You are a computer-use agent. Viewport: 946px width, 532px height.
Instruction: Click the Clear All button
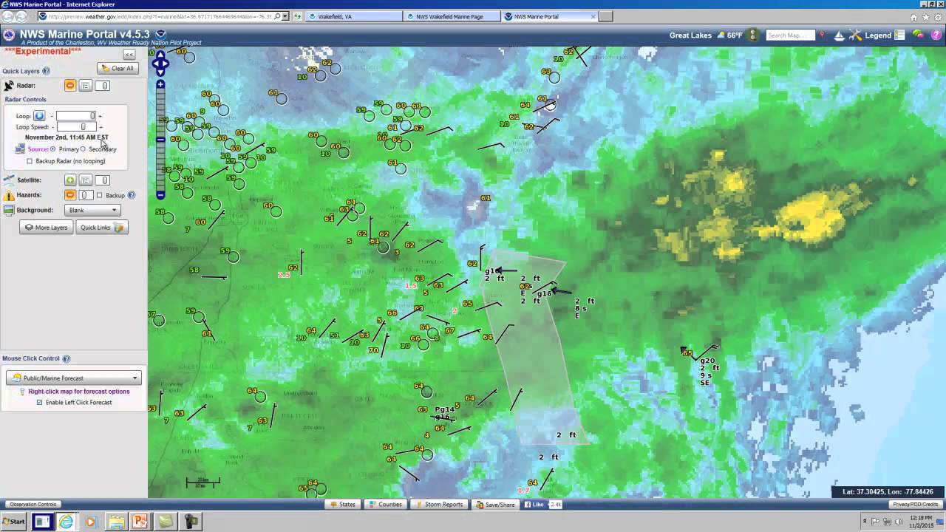118,68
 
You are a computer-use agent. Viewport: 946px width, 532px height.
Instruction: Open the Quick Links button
101,228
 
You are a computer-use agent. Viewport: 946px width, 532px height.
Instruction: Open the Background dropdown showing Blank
92,211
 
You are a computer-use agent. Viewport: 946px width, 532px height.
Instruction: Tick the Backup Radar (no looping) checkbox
30,161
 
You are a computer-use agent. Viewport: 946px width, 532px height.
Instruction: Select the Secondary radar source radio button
84,149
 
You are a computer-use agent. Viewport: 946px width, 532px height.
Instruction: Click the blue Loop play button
39,116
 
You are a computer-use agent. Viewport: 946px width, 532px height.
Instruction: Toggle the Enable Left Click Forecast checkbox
39,403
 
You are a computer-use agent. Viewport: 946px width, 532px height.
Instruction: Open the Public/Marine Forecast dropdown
74,378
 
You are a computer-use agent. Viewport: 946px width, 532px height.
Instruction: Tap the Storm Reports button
439,505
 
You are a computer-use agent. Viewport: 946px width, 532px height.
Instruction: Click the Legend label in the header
878,35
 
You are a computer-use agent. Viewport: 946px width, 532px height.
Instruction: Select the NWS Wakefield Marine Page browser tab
450,16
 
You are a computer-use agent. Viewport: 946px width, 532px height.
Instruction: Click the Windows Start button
13,522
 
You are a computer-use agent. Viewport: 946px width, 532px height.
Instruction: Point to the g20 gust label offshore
707,361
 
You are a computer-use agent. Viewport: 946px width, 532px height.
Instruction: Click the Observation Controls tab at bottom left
33,505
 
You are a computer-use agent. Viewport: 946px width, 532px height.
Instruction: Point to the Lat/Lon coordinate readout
887,492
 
